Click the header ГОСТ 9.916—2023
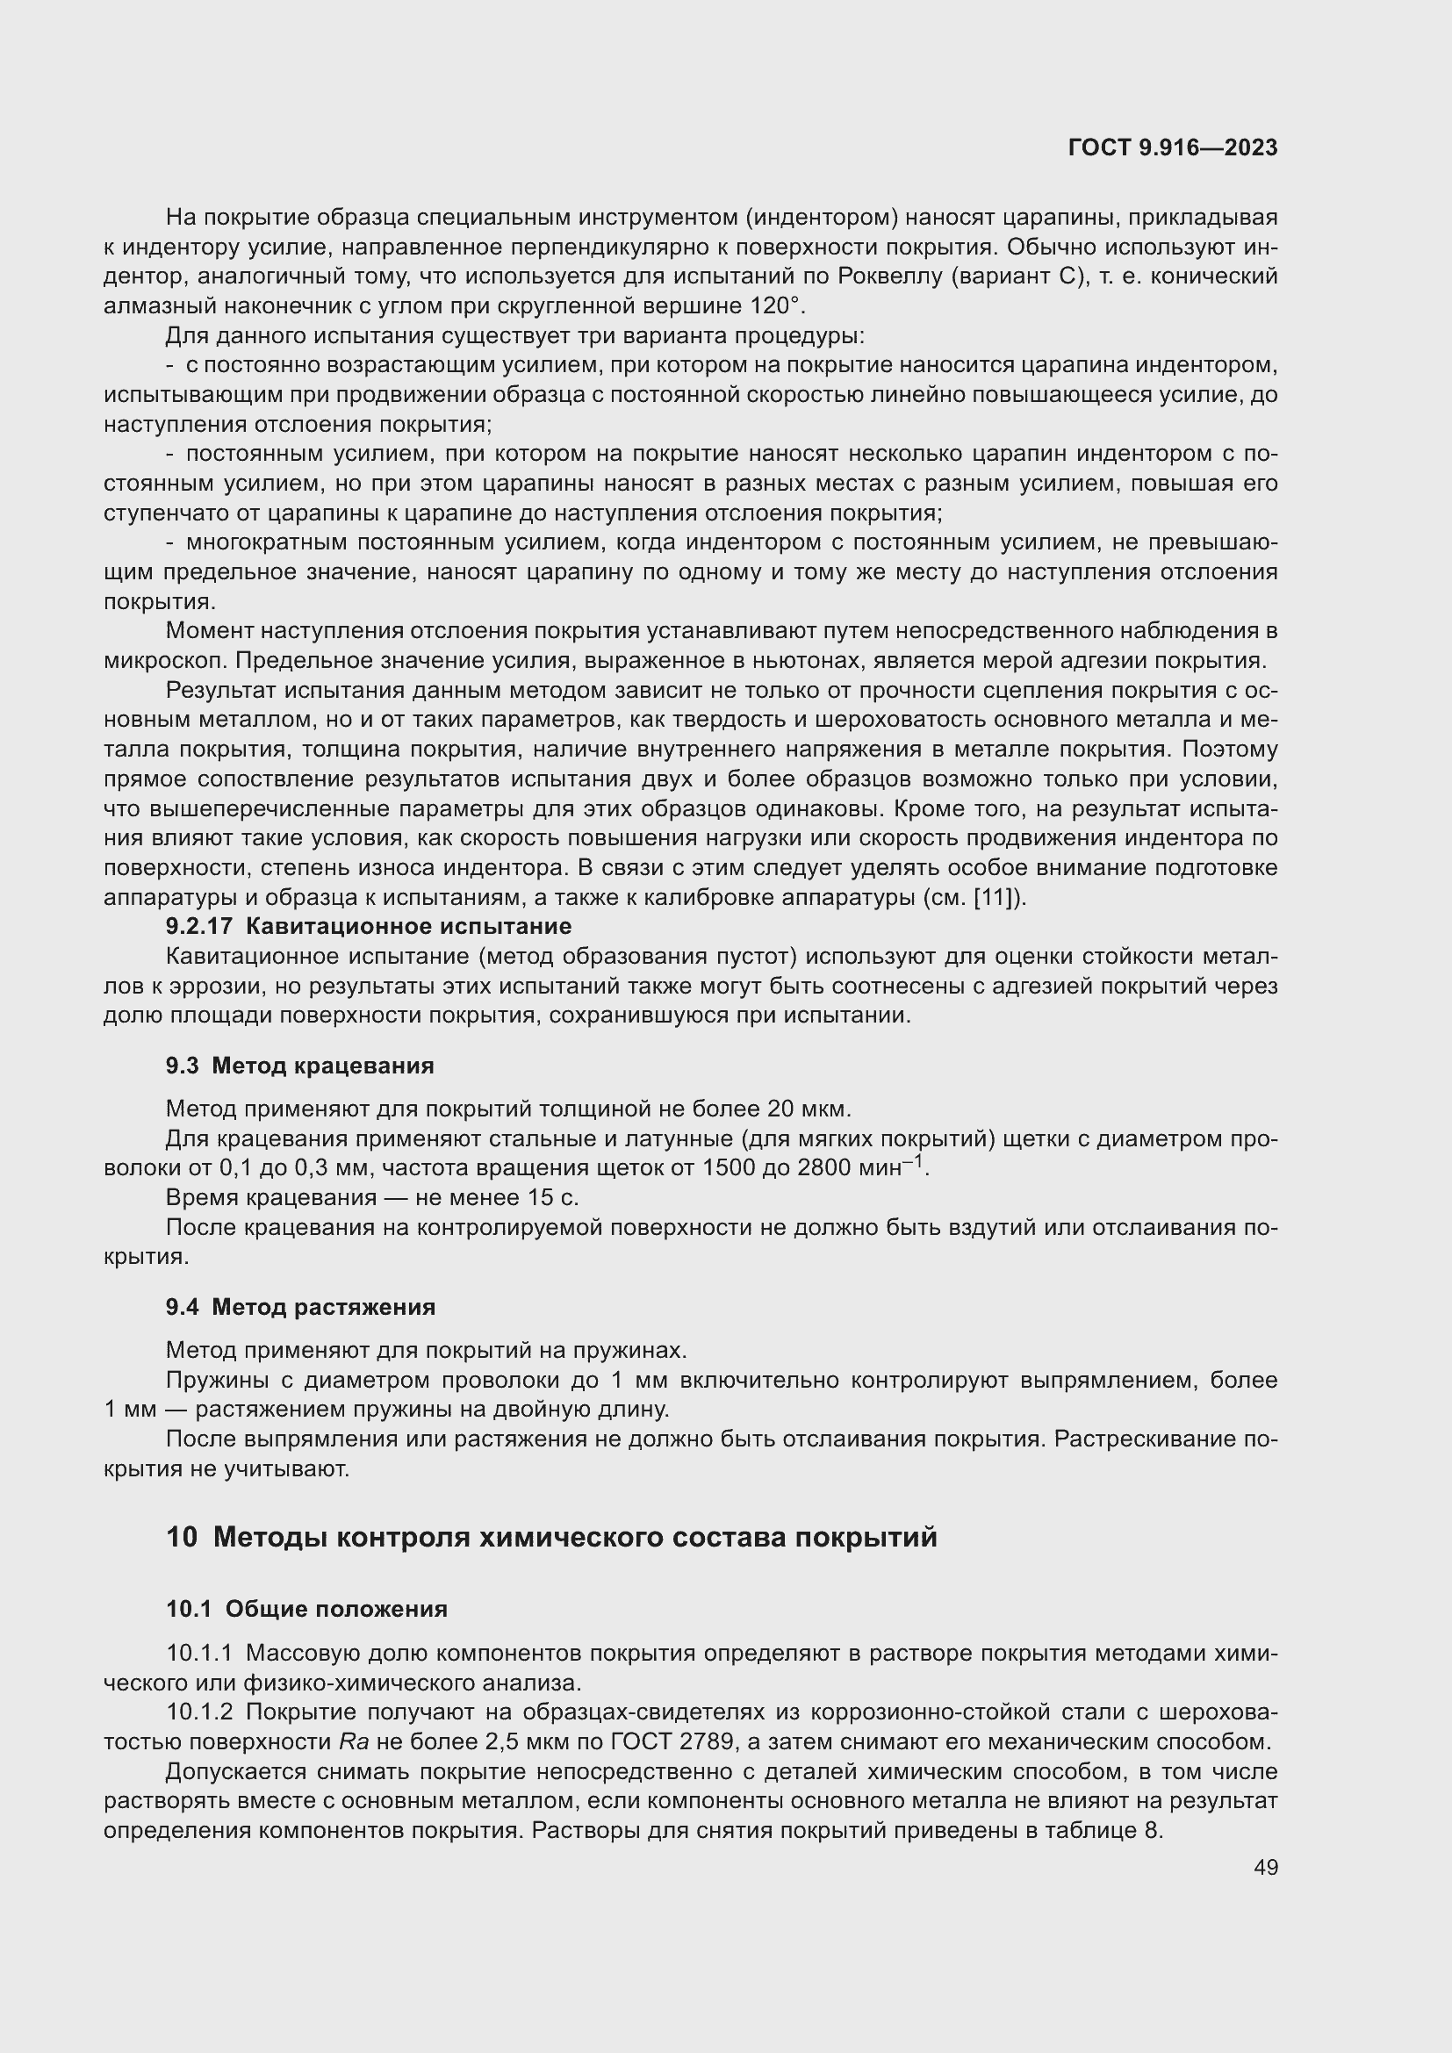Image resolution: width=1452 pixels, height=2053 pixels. tap(1172, 147)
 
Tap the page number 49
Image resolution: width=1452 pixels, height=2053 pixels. tap(1265, 1867)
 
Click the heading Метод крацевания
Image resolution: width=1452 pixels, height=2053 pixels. tap(323, 1065)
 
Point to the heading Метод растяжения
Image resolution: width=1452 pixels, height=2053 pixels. tap(324, 1306)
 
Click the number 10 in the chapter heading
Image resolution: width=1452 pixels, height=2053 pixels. tap(182, 1537)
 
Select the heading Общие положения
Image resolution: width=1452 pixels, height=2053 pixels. tap(336, 1609)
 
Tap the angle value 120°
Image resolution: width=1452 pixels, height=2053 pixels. tap(774, 305)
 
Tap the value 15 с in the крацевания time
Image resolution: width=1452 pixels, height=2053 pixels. tap(555, 1197)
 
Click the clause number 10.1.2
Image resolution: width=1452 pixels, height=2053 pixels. tap(199, 1712)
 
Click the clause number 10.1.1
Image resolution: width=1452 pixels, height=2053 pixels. tap(199, 1653)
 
